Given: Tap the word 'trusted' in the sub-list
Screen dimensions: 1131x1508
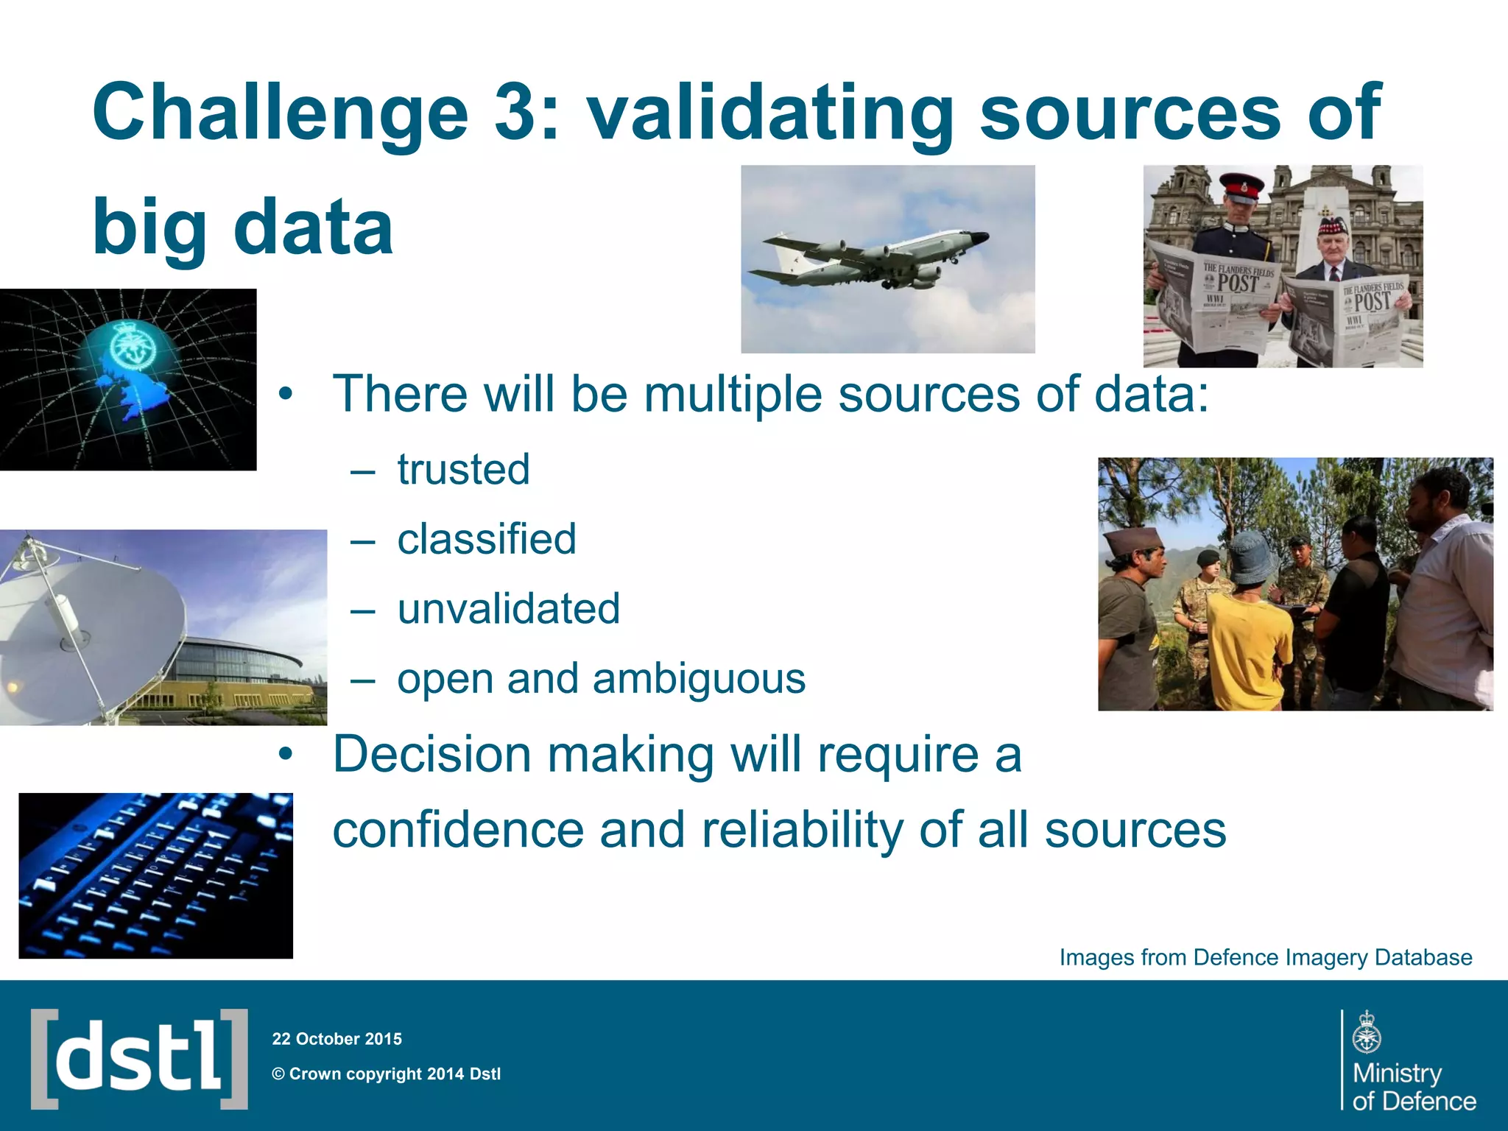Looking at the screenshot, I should [x=463, y=469].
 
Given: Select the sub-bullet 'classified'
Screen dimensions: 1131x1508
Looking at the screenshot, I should [x=486, y=539].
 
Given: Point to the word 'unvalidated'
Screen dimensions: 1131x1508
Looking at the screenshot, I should [x=508, y=609].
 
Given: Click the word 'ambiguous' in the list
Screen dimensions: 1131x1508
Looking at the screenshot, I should [x=699, y=678].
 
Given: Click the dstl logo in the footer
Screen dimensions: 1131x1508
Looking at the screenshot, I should [x=139, y=1058].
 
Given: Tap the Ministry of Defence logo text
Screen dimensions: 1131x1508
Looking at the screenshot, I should [x=1412, y=1086].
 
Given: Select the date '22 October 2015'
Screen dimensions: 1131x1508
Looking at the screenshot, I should [x=337, y=1039].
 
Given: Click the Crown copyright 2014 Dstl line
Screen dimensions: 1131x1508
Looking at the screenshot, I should [x=387, y=1074].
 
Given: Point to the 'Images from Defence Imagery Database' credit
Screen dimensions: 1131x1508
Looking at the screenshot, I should [x=1265, y=957].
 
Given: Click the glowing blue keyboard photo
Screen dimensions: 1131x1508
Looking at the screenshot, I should [x=155, y=875].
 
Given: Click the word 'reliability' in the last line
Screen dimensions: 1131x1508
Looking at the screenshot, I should [x=802, y=830].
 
